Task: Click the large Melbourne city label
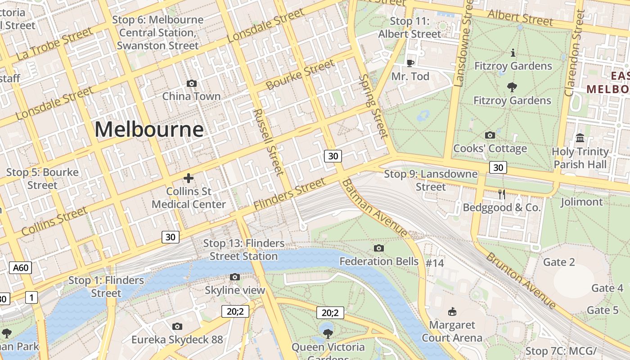click(x=149, y=130)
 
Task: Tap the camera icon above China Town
click(x=192, y=83)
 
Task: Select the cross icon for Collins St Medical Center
click(x=189, y=178)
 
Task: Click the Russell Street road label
click(x=269, y=141)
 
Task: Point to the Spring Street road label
click(x=373, y=106)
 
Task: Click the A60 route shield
click(x=21, y=268)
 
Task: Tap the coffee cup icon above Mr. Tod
click(x=410, y=63)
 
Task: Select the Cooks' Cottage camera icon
click(x=490, y=135)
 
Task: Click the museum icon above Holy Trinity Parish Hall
click(x=580, y=138)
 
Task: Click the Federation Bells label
click(x=379, y=261)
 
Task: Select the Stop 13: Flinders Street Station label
click(x=244, y=250)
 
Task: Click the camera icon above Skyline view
click(x=234, y=277)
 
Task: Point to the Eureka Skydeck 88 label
click(x=177, y=339)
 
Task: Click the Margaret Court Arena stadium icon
click(x=452, y=311)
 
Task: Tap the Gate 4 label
click(x=607, y=288)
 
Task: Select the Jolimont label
click(x=581, y=202)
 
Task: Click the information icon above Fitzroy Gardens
click(x=513, y=53)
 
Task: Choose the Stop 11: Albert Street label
click(x=409, y=27)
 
